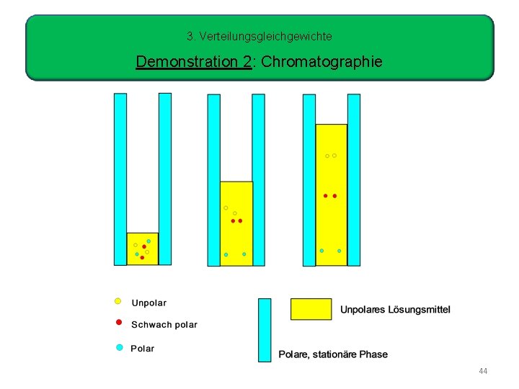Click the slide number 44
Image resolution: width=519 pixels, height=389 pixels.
click(x=483, y=371)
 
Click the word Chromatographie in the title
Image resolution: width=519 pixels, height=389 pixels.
click(x=321, y=62)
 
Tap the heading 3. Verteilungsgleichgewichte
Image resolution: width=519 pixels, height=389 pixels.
click(x=259, y=35)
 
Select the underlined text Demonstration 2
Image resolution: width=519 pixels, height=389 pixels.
click(x=193, y=62)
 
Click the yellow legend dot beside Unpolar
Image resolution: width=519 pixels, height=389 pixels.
click(x=118, y=301)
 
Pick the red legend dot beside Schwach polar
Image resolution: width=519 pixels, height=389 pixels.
click(x=119, y=323)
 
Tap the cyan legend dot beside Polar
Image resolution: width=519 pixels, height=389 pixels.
click(x=120, y=347)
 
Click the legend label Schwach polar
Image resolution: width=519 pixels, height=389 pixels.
click(x=164, y=325)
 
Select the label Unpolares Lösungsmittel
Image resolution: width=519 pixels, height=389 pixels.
click(x=395, y=310)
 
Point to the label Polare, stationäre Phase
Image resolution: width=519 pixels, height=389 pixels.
click(x=333, y=354)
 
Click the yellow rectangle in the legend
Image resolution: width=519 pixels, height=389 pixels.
click(x=311, y=309)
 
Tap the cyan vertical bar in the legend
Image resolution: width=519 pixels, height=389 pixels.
click(x=265, y=330)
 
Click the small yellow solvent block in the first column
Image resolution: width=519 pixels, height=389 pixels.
click(x=143, y=249)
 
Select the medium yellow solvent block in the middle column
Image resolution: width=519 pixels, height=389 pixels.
click(x=236, y=223)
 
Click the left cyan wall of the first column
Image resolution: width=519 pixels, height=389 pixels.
click(x=120, y=179)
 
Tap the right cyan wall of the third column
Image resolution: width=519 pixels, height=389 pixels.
click(x=353, y=179)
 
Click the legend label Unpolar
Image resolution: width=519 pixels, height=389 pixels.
click(x=148, y=303)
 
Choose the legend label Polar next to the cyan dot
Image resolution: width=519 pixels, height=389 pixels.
click(x=143, y=349)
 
